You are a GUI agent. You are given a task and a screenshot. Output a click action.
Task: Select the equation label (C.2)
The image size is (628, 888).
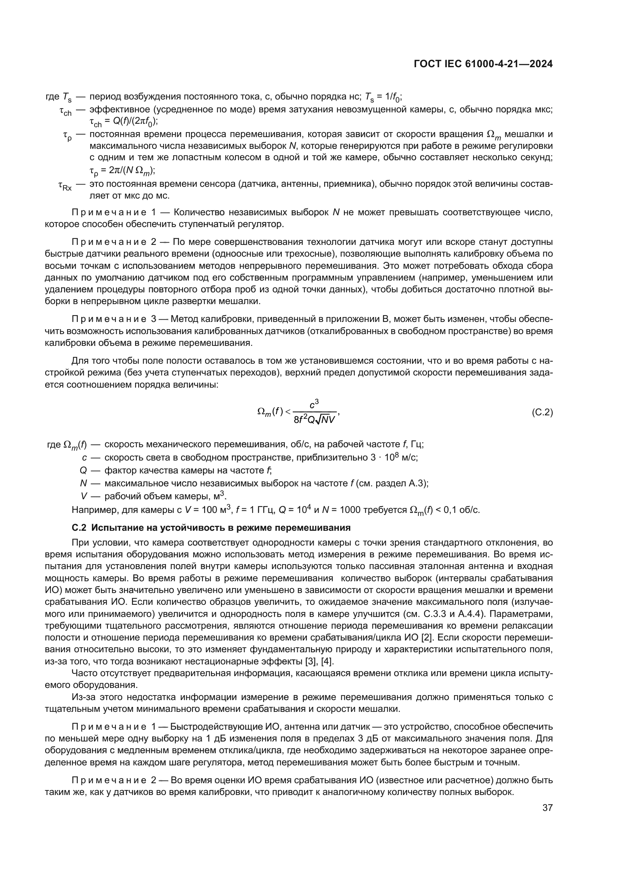point(542,412)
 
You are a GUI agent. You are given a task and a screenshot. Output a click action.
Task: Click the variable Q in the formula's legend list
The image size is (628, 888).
point(83,471)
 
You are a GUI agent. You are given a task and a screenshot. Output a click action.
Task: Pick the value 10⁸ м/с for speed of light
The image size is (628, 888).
point(401,457)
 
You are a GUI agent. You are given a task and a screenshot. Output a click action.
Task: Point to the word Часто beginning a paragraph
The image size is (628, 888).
point(84,673)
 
